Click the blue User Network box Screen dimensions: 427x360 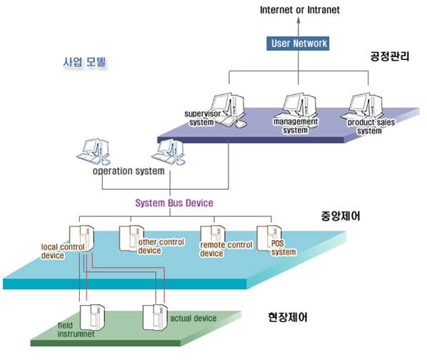298,44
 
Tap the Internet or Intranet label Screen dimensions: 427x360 300,10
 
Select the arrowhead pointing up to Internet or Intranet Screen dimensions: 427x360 298,20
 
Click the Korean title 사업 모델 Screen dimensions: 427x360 84,62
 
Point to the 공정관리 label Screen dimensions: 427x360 389,56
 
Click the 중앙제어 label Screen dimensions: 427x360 341,216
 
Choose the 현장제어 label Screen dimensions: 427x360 288,317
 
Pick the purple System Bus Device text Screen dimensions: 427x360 174,203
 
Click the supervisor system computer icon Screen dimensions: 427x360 228,109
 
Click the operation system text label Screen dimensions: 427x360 129,171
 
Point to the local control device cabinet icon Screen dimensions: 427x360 81,239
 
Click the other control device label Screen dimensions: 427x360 161,246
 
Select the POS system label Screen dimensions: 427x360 283,248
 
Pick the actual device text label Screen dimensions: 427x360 194,318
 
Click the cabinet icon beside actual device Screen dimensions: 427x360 155,318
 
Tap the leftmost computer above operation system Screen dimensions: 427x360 94,151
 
